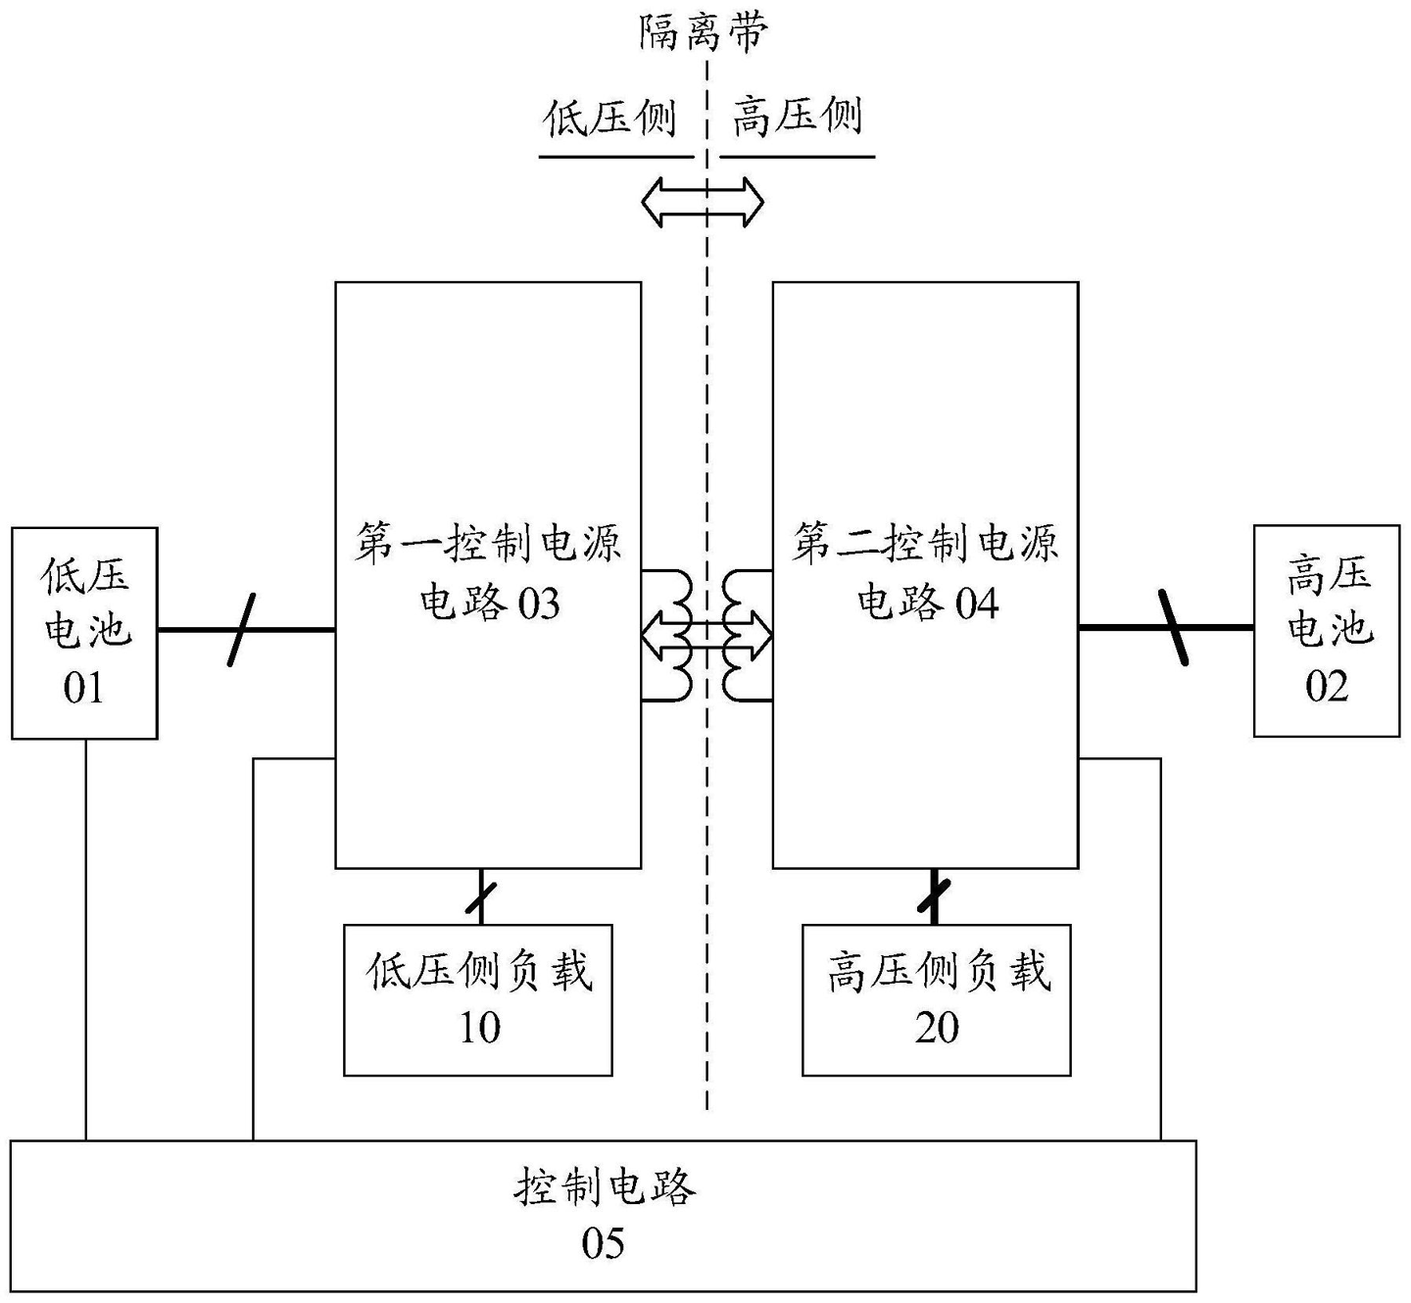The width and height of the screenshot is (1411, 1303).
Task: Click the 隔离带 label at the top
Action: [704, 31]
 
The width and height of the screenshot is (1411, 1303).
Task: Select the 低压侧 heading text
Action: [610, 118]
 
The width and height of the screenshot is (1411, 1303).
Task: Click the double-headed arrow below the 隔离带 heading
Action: [703, 202]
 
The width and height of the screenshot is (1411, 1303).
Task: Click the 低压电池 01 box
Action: [84, 632]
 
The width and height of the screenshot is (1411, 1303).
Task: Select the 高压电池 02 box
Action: [1327, 631]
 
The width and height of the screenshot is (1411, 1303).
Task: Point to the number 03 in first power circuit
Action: [538, 604]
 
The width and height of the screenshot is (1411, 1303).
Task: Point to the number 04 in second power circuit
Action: [976, 604]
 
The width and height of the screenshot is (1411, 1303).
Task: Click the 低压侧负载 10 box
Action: [478, 999]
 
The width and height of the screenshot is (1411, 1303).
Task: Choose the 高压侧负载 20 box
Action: [936, 999]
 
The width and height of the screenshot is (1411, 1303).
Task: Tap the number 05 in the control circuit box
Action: [603, 1244]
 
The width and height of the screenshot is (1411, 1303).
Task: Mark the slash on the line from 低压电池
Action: [241, 630]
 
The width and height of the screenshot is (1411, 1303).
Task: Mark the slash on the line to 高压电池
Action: [1174, 628]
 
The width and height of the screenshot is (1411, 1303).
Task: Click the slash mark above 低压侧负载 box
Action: [480, 897]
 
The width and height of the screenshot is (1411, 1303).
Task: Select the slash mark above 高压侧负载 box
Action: [935, 895]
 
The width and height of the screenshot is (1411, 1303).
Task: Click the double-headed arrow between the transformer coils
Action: [706, 636]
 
